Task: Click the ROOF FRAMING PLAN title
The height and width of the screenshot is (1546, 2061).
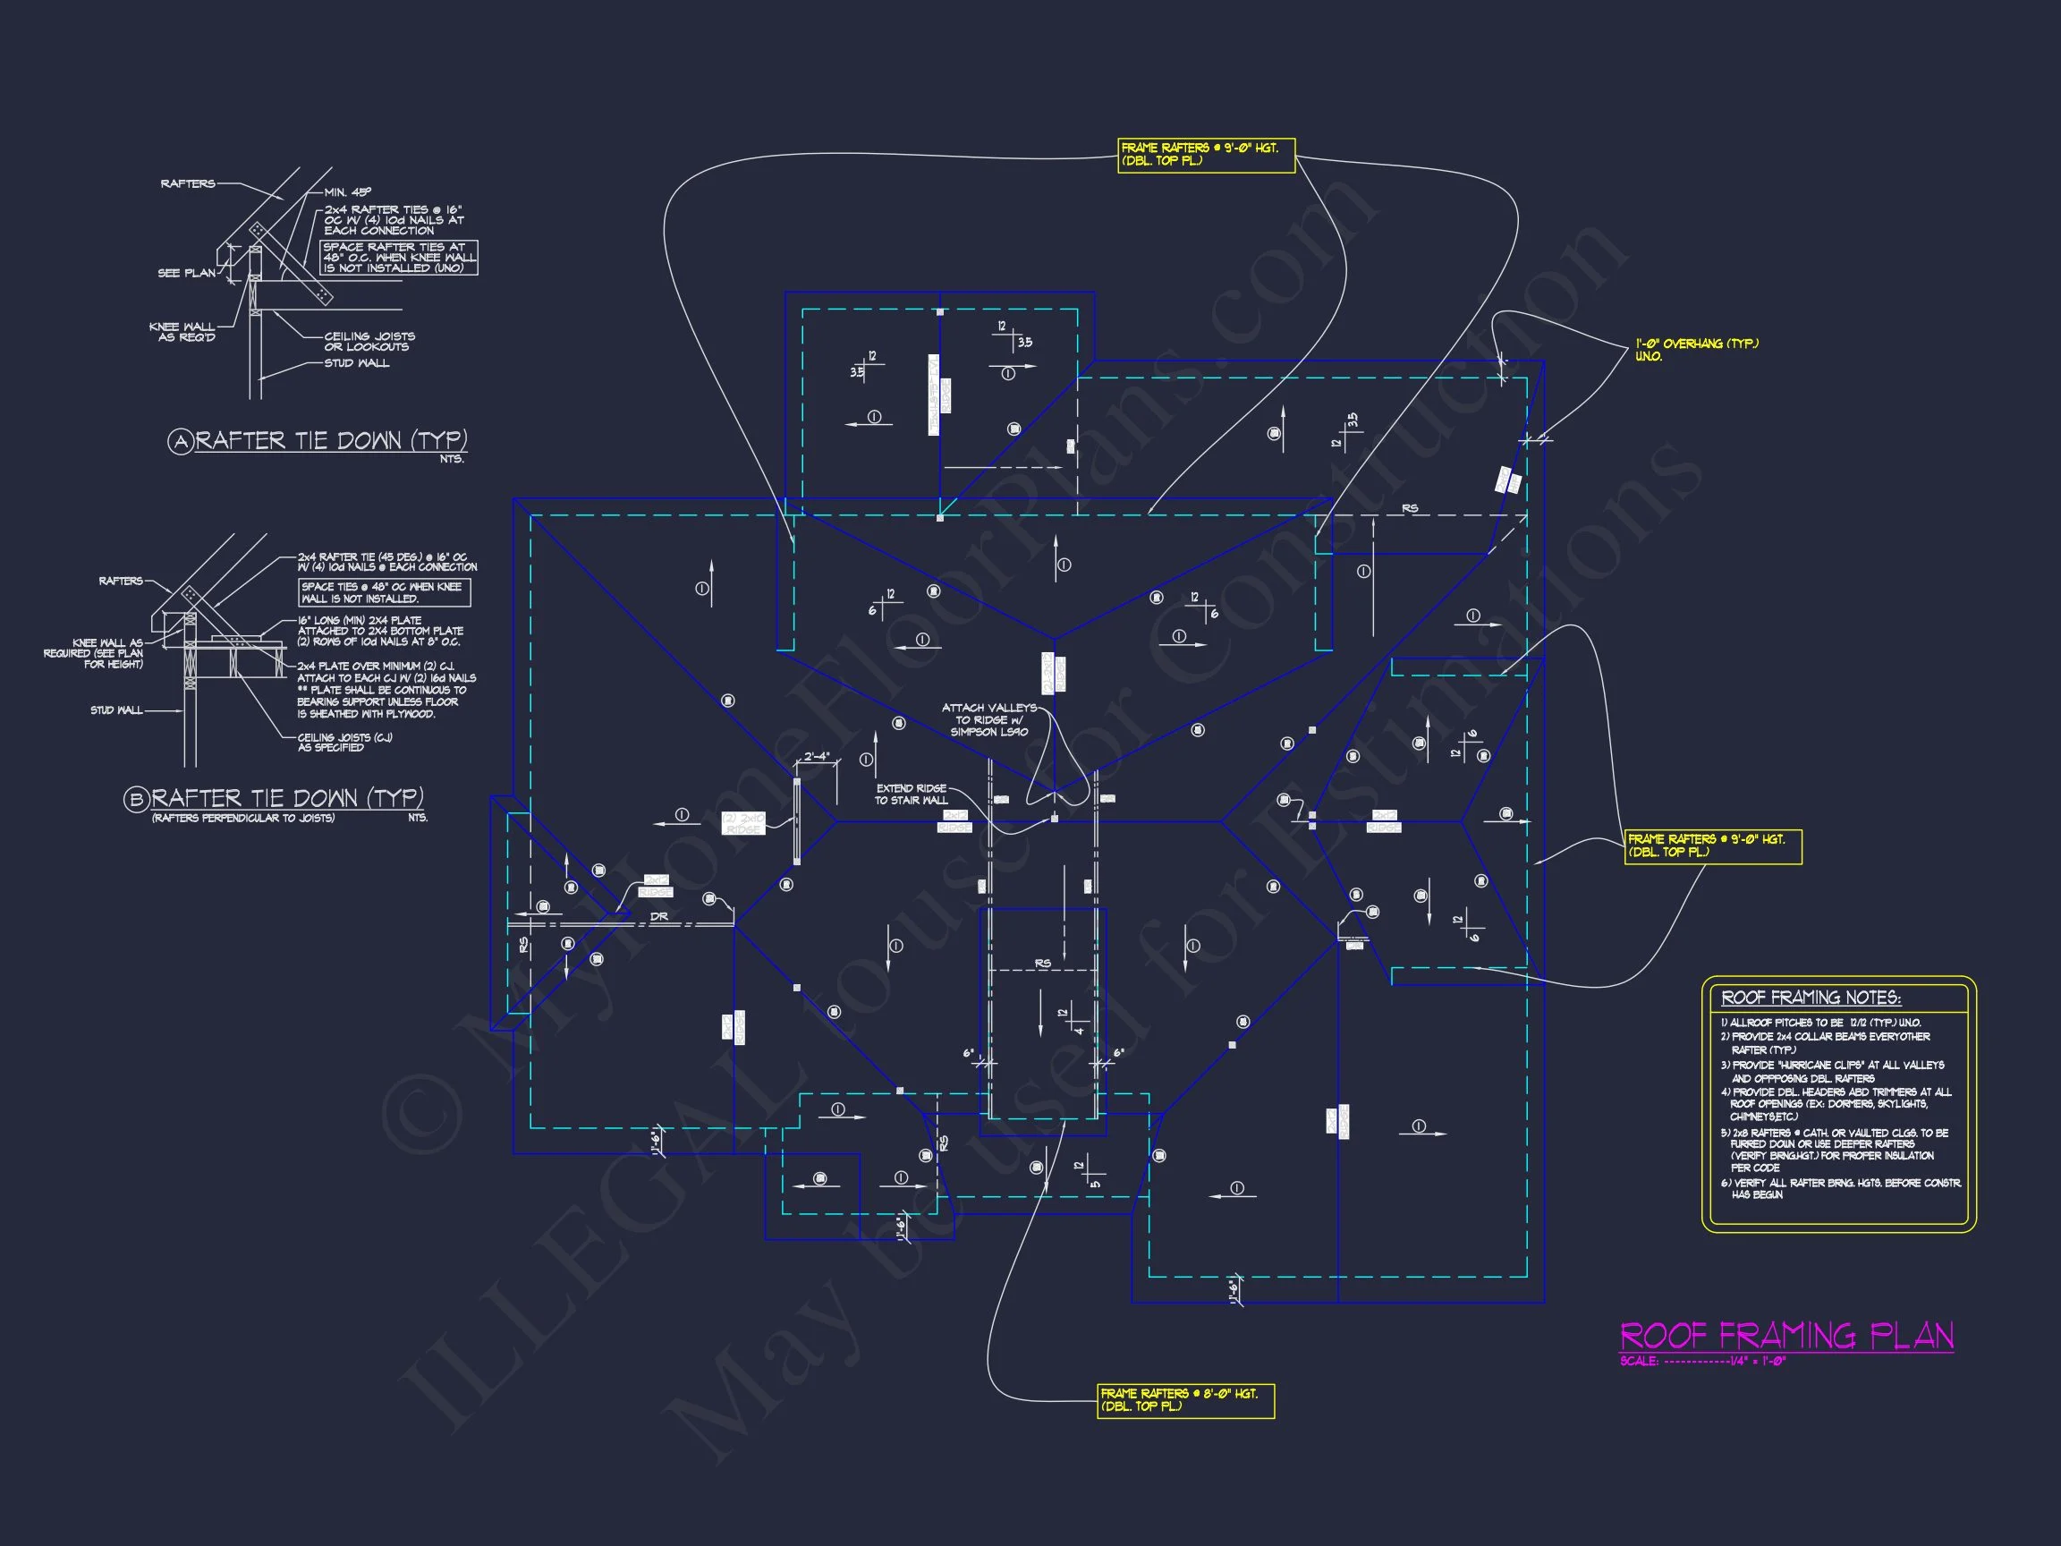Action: (1786, 1337)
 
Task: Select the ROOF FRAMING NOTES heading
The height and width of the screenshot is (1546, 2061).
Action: (1811, 998)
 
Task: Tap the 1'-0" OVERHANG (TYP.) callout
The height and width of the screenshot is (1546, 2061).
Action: (1697, 350)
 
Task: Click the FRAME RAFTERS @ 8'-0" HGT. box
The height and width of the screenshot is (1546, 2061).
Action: (1185, 1399)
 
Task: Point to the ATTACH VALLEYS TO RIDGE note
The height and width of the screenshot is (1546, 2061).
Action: (988, 719)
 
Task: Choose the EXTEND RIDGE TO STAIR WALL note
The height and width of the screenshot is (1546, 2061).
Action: (911, 794)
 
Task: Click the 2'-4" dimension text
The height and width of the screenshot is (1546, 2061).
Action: (816, 756)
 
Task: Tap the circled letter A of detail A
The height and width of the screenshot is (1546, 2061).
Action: (180, 442)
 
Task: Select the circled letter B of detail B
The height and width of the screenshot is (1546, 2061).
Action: (136, 800)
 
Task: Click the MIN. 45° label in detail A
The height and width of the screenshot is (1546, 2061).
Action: (348, 192)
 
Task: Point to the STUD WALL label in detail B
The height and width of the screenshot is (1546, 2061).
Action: (116, 710)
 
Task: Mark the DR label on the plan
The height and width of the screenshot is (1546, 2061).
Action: (658, 917)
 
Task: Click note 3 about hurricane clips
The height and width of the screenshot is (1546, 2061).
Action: (1831, 1071)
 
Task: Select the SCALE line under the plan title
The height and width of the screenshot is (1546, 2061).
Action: (1701, 1362)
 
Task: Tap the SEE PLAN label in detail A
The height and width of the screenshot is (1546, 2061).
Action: (186, 273)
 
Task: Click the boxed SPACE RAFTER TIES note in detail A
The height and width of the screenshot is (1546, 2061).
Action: (399, 257)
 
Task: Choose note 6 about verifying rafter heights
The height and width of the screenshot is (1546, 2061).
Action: (1840, 1188)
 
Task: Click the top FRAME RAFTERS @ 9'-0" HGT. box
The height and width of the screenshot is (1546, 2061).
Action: (1206, 155)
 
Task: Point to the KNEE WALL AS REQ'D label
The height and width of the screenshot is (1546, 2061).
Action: (182, 332)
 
